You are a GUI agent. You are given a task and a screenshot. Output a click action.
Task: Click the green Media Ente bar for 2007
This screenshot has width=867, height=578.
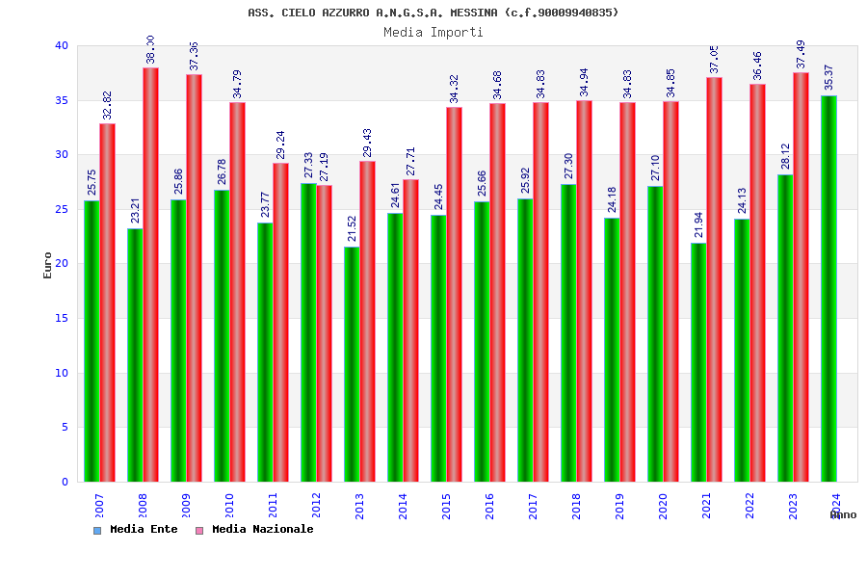point(92,341)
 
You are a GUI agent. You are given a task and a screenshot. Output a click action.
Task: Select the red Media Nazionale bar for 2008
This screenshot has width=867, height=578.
point(150,275)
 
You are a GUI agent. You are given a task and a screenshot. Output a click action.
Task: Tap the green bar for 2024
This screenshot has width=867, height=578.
point(828,289)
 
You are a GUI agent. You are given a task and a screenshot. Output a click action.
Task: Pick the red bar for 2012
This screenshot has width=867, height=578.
point(324,333)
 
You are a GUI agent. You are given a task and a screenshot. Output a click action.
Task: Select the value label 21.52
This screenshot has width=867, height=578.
point(353,228)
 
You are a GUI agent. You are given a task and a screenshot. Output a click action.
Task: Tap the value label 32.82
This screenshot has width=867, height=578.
point(108,105)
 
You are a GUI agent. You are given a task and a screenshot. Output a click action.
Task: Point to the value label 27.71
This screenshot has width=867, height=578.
point(411,161)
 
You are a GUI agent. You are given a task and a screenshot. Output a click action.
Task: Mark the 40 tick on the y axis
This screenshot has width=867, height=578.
point(62,45)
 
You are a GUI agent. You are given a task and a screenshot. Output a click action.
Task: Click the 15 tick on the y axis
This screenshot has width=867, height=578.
point(62,318)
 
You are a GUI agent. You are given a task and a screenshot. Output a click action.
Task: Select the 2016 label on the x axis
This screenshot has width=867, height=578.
point(489,506)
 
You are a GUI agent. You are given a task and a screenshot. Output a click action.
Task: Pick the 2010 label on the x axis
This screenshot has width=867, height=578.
point(229,506)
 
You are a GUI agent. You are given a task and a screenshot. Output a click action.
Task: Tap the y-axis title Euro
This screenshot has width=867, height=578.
point(48,265)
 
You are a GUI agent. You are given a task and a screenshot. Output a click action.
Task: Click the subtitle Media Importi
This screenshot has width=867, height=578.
point(433,32)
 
